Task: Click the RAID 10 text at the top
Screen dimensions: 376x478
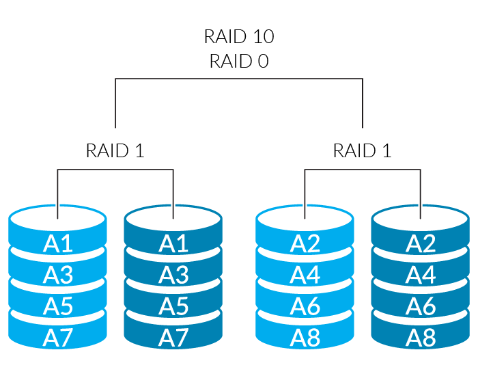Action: pyautogui.click(x=238, y=36)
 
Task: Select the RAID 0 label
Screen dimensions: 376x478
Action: pyautogui.click(x=238, y=61)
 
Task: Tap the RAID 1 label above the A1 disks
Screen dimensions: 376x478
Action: pyautogui.click(x=115, y=150)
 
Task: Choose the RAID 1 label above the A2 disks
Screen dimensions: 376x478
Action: pyautogui.click(x=362, y=150)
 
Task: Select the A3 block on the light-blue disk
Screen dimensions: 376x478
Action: pyautogui.click(x=58, y=275)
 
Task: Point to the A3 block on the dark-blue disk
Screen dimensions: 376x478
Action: pyautogui.click(x=173, y=275)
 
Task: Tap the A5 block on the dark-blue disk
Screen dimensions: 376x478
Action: pyautogui.click(x=173, y=306)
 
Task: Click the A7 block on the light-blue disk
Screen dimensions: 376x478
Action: pyautogui.click(x=58, y=337)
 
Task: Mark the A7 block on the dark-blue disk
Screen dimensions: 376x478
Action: pyautogui.click(x=173, y=337)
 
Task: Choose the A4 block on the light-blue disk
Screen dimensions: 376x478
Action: pyautogui.click(x=305, y=275)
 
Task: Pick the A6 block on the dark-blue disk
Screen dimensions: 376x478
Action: pyautogui.click(x=421, y=306)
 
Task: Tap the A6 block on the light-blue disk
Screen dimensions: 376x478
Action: pyautogui.click(x=305, y=306)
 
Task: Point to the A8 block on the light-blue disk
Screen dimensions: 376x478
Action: pyautogui.click(x=305, y=337)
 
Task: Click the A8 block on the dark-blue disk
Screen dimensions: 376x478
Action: pyautogui.click(x=421, y=337)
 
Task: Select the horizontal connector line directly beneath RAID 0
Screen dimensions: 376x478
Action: pyautogui.click(x=238, y=79)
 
